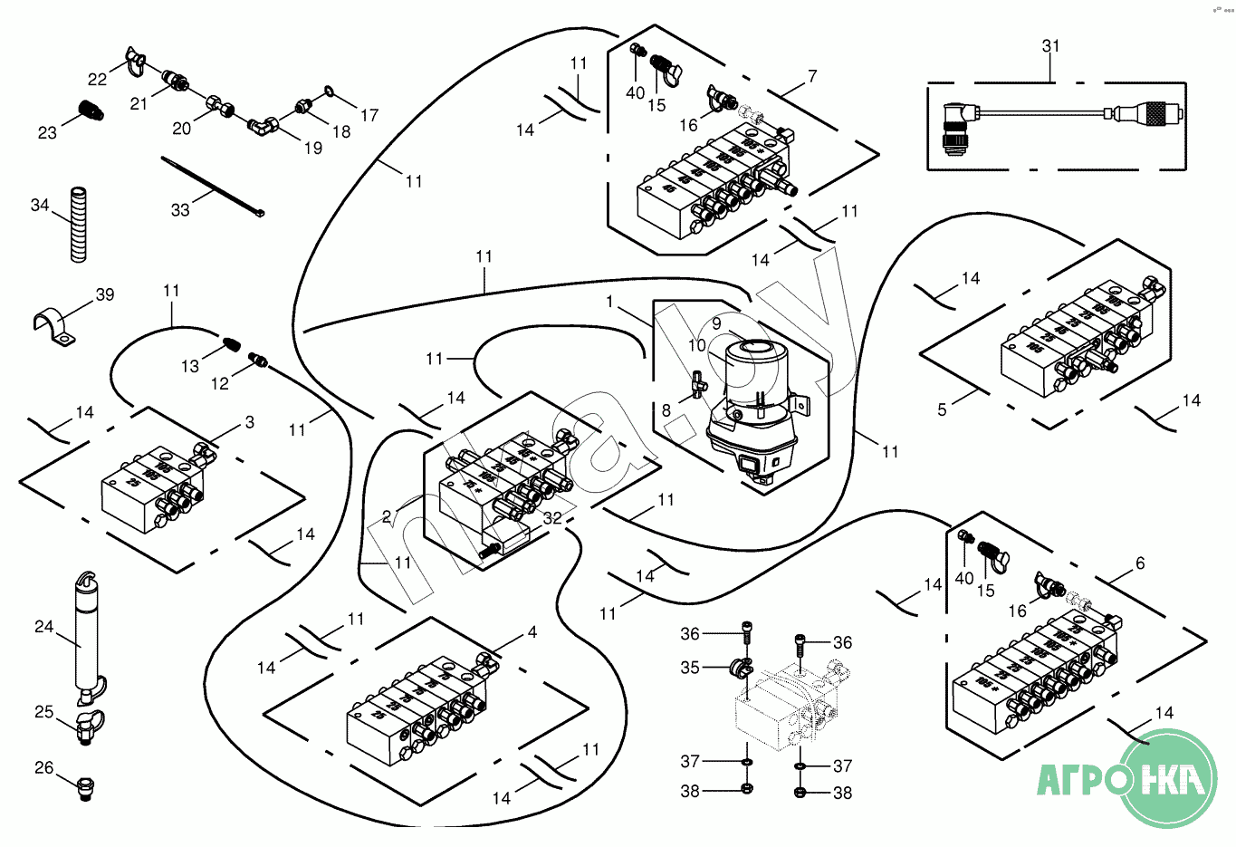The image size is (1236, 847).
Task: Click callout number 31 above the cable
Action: coord(1050,45)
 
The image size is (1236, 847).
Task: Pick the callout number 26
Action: coord(44,768)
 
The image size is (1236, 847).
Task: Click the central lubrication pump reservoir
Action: coord(751,376)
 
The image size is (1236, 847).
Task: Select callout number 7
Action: coord(812,76)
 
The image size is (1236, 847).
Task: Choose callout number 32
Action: coord(552,518)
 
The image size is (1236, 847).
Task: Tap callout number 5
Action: coord(942,410)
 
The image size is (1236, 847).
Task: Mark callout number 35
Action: coord(690,668)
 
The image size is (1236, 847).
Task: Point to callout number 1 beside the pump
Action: coord(610,301)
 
